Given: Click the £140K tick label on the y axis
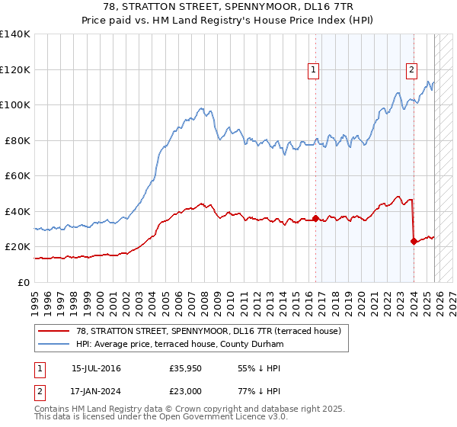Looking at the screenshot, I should point(15,34).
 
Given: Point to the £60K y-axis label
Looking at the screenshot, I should point(18,175).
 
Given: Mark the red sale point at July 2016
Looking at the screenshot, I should point(315,219).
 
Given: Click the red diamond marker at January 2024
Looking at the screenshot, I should point(414,242).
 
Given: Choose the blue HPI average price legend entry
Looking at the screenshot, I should point(180,345).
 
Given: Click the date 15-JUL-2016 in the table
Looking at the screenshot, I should point(95,368).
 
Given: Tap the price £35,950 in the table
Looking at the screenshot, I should point(186,368).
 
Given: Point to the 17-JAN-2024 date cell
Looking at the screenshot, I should point(96,390).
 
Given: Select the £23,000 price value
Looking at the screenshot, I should point(186,390).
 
